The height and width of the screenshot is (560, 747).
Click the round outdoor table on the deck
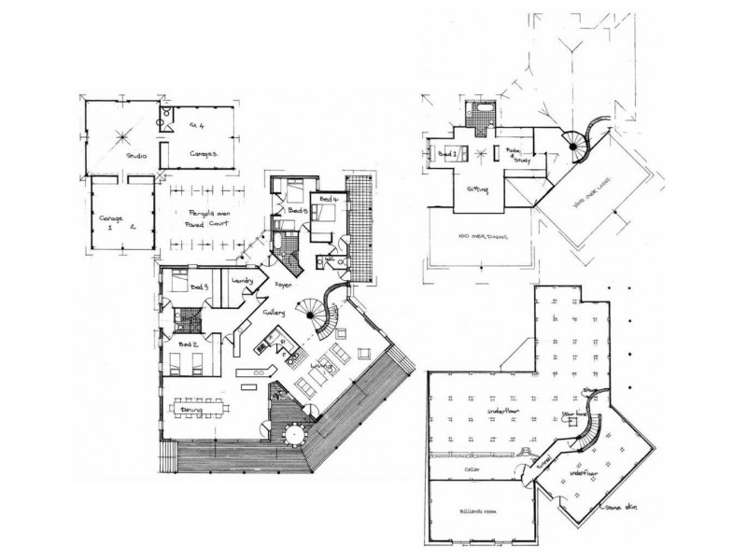point(296,434)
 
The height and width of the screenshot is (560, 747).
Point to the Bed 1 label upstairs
point(448,152)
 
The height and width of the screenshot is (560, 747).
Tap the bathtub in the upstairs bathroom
point(483,110)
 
